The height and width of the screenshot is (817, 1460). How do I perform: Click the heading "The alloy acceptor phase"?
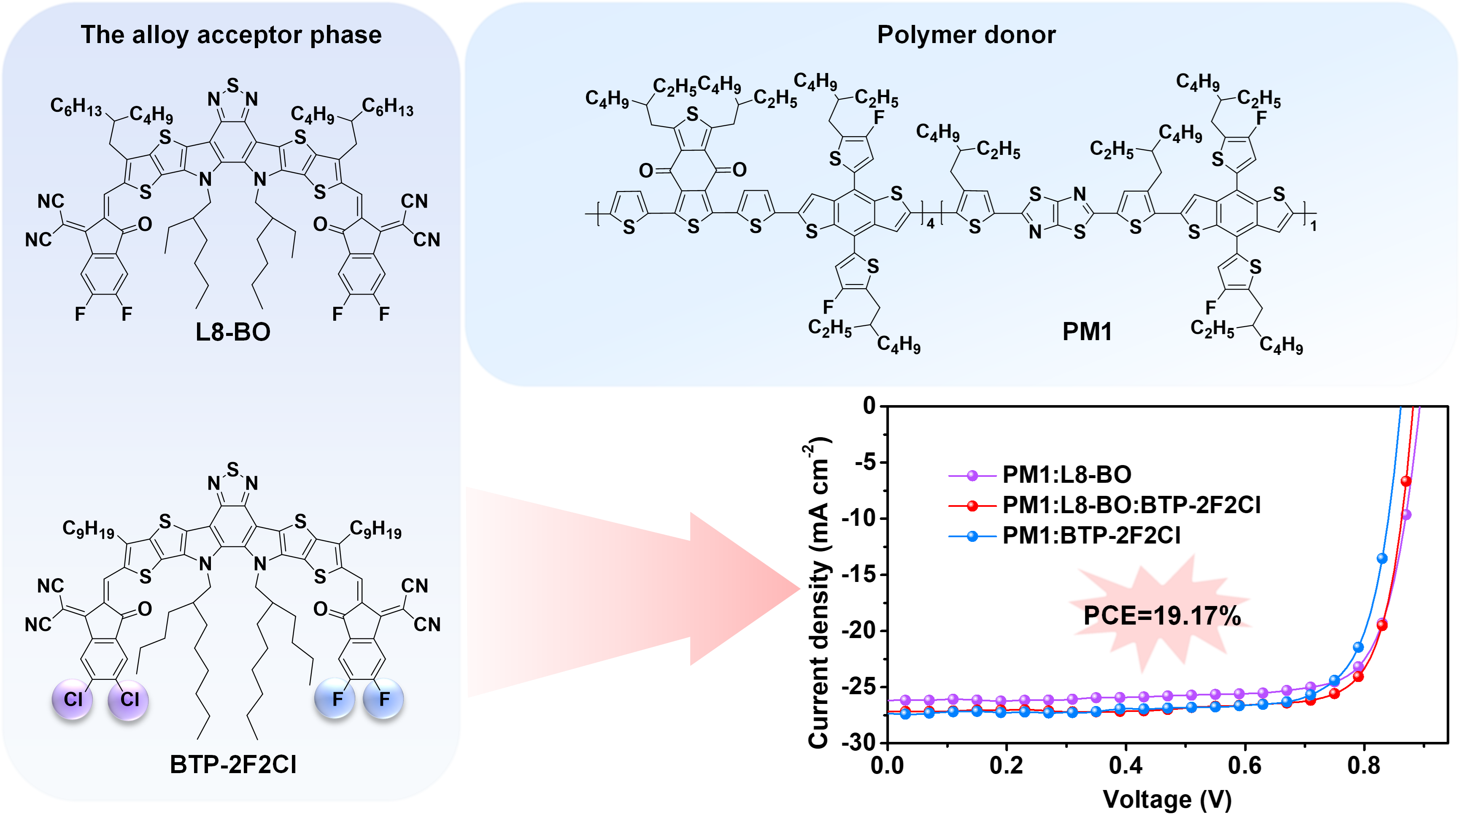coord(231,35)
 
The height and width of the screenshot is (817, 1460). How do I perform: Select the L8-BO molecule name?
coord(233,332)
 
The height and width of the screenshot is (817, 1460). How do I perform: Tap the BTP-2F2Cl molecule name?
coord(233,765)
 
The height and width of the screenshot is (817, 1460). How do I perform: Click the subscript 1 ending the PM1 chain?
coord(1314,226)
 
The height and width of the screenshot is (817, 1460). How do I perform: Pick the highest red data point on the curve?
coord(1406,481)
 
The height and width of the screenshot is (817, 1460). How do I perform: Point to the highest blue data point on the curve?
coord(1382,558)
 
